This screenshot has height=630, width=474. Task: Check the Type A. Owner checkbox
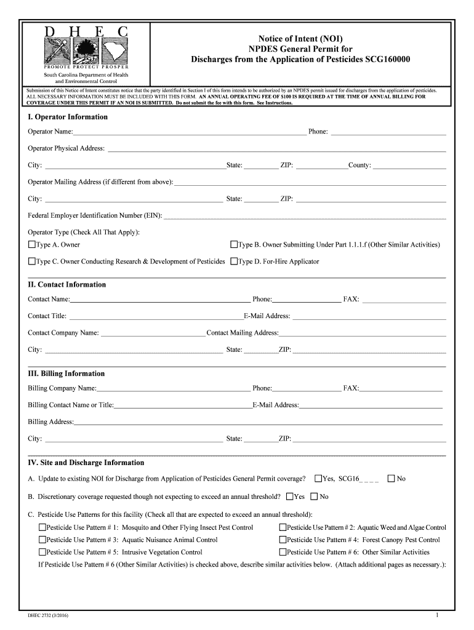coord(32,245)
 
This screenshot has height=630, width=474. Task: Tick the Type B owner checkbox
coord(234,245)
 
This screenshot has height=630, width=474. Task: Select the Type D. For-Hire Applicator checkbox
coord(234,261)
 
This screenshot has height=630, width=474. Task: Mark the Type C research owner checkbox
coord(32,261)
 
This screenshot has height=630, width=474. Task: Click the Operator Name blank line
coord(189,132)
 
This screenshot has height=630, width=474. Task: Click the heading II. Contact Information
coord(66,285)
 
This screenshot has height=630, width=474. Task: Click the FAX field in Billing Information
coord(401,389)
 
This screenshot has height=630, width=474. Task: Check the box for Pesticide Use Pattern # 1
coord(42,528)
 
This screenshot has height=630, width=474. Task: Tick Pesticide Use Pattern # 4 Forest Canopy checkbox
coord(283,540)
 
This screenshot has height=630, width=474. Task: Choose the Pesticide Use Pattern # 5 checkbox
coord(42,552)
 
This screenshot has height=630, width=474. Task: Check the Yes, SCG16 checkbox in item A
coord(318,479)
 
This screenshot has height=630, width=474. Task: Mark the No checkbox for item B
coord(314,497)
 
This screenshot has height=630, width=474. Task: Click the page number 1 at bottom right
coord(436,615)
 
